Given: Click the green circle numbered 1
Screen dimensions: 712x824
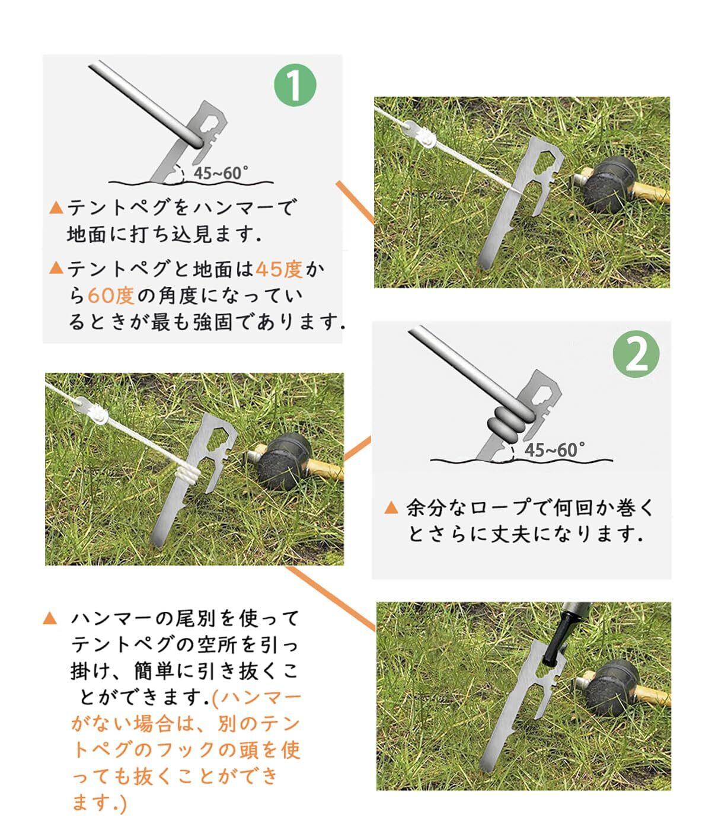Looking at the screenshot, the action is (x=295, y=85).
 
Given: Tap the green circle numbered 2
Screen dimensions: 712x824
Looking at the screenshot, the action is (x=636, y=354).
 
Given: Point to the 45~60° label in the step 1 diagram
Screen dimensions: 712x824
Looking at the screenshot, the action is (x=221, y=173).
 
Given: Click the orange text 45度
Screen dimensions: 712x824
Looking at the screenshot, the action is (x=279, y=270).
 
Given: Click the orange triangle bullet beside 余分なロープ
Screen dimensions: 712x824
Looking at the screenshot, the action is (x=391, y=508).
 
